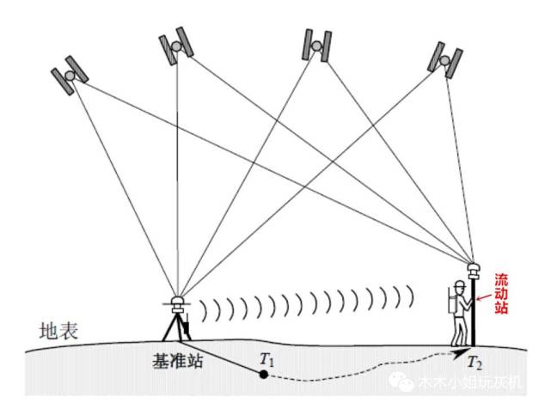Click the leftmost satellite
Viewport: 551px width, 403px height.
point(70,76)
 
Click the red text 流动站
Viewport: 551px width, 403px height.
point(501,294)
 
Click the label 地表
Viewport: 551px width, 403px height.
point(59,330)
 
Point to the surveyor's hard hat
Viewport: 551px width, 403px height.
point(462,284)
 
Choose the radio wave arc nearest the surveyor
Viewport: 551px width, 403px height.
point(411,296)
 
